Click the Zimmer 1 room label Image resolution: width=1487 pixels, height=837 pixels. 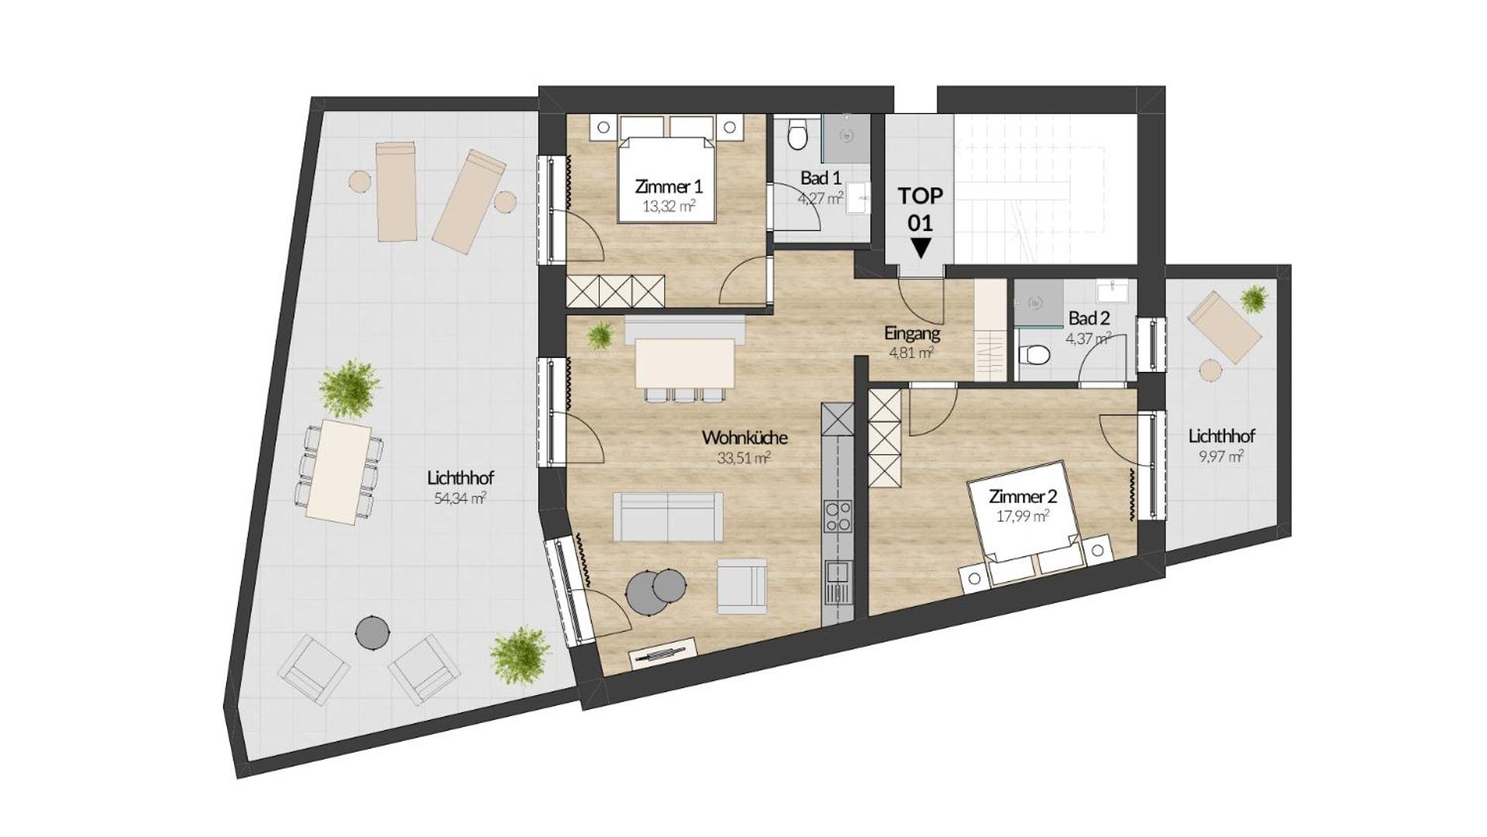click(x=668, y=187)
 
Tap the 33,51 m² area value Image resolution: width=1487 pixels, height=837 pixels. click(x=743, y=458)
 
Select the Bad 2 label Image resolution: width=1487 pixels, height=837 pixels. click(x=1089, y=318)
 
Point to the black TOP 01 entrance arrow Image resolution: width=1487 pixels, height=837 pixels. click(x=921, y=249)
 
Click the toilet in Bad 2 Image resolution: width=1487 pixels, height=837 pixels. click(x=1034, y=355)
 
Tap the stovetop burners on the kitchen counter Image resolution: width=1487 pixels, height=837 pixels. click(x=837, y=516)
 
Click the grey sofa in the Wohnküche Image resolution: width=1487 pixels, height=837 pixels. click(x=668, y=516)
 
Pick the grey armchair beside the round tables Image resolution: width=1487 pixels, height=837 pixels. click(x=742, y=586)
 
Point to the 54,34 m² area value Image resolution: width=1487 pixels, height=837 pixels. click(x=460, y=498)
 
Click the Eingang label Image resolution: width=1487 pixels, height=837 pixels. click(x=912, y=334)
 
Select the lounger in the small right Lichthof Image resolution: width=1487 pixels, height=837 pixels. click(x=1225, y=329)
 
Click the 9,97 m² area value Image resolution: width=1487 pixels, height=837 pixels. click(x=1221, y=456)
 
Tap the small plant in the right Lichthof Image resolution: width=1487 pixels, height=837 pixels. click(x=1253, y=298)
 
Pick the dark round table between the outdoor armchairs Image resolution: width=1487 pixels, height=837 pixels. click(x=372, y=632)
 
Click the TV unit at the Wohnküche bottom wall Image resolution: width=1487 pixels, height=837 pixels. click(x=665, y=653)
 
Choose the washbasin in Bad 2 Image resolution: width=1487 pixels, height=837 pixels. click(x=1114, y=291)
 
